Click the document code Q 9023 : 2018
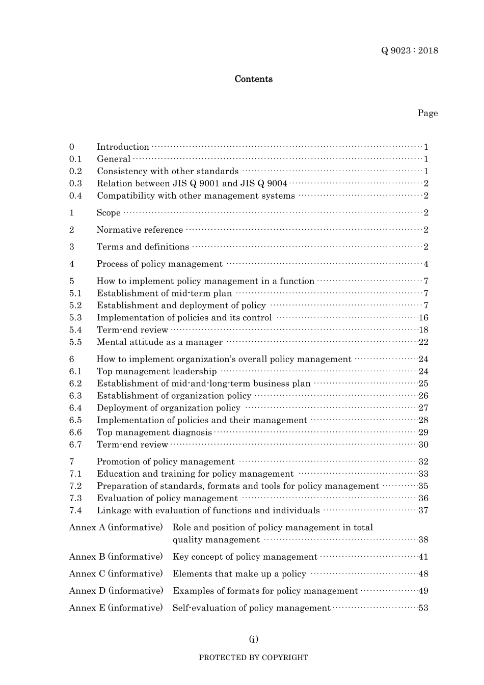click(x=410, y=50)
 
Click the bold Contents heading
click(x=253, y=79)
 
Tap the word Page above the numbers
click(x=427, y=113)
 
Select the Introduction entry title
click(x=123, y=147)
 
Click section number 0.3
click(x=75, y=183)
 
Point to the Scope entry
click(x=109, y=213)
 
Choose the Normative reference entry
click(x=140, y=230)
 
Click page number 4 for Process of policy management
click(x=426, y=264)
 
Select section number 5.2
click(x=75, y=306)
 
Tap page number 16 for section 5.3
click(x=423, y=318)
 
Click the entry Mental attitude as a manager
click(x=159, y=342)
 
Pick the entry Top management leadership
click(x=156, y=371)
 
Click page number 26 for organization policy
click(x=423, y=396)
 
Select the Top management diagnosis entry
click(x=154, y=432)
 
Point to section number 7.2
click(x=75, y=486)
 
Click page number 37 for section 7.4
click(x=423, y=510)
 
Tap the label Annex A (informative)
click(x=116, y=528)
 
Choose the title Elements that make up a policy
click(x=239, y=574)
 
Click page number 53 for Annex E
click(x=423, y=608)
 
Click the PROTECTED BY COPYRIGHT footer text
click(x=253, y=657)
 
